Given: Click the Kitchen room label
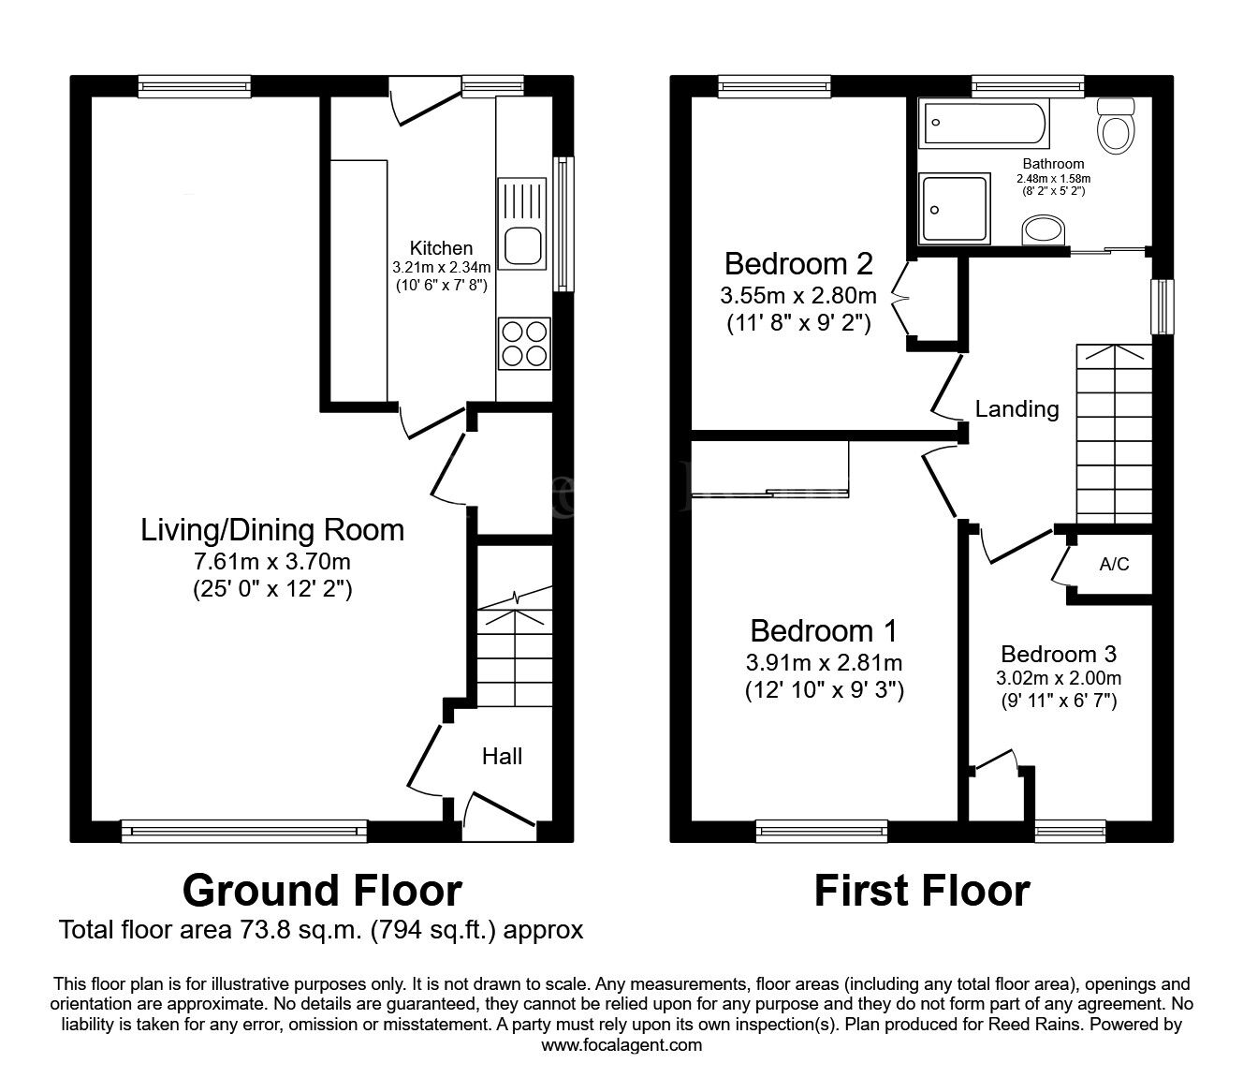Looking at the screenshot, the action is coord(441,248).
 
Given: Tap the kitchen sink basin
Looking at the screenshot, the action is coord(522,245).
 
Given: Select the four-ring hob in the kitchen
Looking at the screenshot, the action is coord(524,343).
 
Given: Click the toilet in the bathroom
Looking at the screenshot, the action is coord(1116,126).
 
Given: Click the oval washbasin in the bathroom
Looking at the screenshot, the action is coord(1044,230).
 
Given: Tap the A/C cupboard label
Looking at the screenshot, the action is coord(1114,564).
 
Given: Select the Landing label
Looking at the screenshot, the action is coord(1016,409).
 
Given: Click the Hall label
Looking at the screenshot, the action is coord(502,756).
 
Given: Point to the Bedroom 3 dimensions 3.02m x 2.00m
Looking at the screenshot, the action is coord(1059,678).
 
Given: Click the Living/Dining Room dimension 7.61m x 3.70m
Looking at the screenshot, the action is coord(271,562).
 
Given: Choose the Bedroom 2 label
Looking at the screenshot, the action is coord(798,263).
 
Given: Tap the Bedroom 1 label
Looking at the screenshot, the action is coord(824,631).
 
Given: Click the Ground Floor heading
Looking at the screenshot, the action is coord(322,891).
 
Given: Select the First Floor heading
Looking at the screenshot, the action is coord(922,891).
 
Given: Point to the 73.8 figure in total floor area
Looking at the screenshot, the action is coord(262,930).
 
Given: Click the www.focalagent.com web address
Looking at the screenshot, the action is coord(621,1045).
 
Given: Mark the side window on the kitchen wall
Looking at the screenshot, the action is coord(563,225).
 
